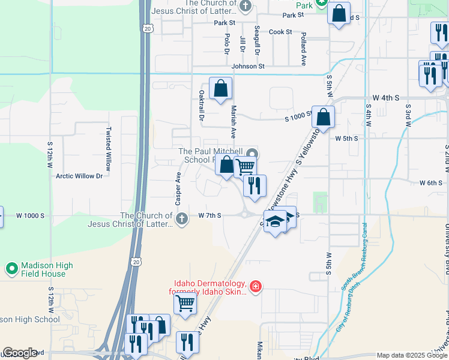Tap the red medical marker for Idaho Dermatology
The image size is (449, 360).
[256, 287]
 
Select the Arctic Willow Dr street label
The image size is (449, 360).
[83, 176]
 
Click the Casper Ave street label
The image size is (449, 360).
[178, 188]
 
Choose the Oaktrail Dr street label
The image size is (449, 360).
[200, 104]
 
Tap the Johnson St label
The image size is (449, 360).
[248, 66]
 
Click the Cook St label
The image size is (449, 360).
[280, 32]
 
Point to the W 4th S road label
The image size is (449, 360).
[386, 97]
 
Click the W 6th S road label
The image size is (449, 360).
[431, 182]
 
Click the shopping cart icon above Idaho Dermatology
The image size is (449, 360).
[185, 303]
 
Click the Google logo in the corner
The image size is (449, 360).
[19, 353]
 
